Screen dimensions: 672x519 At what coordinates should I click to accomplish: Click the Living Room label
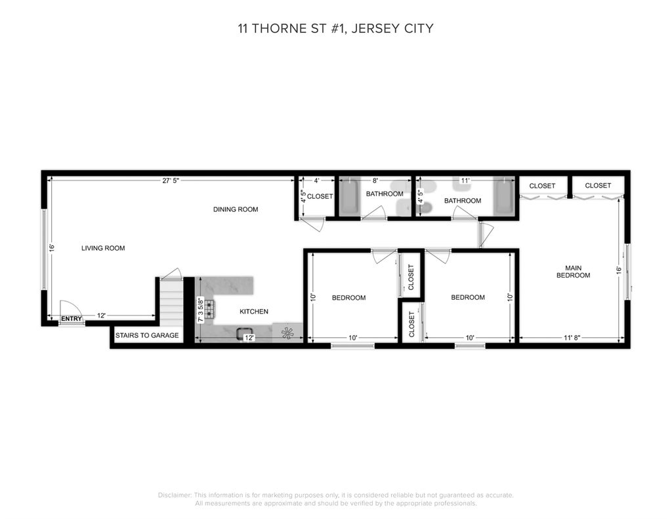pos(103,248)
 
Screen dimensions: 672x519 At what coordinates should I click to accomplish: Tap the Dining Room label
pos(236,209)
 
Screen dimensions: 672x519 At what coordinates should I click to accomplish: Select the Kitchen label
pos(254,312)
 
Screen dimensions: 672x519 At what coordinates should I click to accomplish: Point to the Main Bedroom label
pos(573,272)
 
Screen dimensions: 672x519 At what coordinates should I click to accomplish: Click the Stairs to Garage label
pos(147,335)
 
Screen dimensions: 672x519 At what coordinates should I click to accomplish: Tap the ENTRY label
pos(71,319)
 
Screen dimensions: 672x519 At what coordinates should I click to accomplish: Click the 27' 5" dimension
pos(171,180)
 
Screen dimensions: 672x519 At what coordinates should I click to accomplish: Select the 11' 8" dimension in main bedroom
pos(572,338)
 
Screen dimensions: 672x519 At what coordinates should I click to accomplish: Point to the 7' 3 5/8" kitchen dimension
pos(200,310)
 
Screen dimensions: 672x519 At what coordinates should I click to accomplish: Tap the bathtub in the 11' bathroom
pos(504,196)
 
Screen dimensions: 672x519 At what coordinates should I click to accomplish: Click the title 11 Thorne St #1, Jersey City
pos(335,28)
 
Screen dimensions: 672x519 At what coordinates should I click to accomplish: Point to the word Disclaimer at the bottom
pos(175,495)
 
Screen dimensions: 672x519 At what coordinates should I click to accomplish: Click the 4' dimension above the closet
pos(316,180)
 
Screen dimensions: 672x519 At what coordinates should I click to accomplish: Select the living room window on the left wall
pos(44,249)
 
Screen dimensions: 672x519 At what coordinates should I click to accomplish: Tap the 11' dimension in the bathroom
pos(465,180)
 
